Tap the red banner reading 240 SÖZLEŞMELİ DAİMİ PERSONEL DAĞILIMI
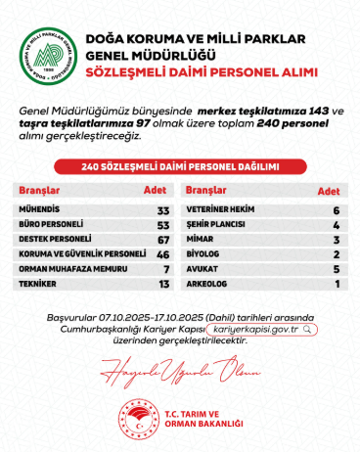click(180, 167)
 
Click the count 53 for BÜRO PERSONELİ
click(163, 224)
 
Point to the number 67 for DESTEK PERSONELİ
click(163, 239)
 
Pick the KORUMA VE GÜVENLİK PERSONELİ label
click(68, 253)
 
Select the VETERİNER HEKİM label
click(221, 210)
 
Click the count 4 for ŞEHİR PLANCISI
click(336, 224)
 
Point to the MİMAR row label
click(201, 239)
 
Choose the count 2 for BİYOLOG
click(336, 253)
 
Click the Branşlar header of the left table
click(40, 191)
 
